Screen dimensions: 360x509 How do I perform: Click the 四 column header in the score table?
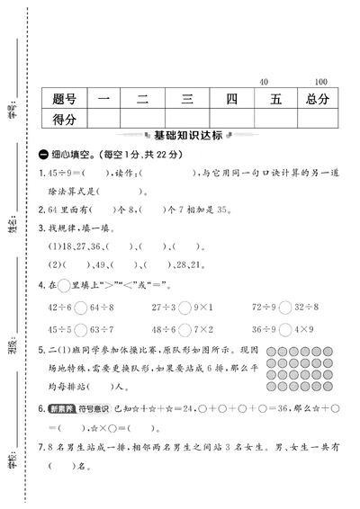(x=229, y=97)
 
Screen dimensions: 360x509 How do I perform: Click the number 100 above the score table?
(x=322, y=82)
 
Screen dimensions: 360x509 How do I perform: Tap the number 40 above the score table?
(x=263, y=82)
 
